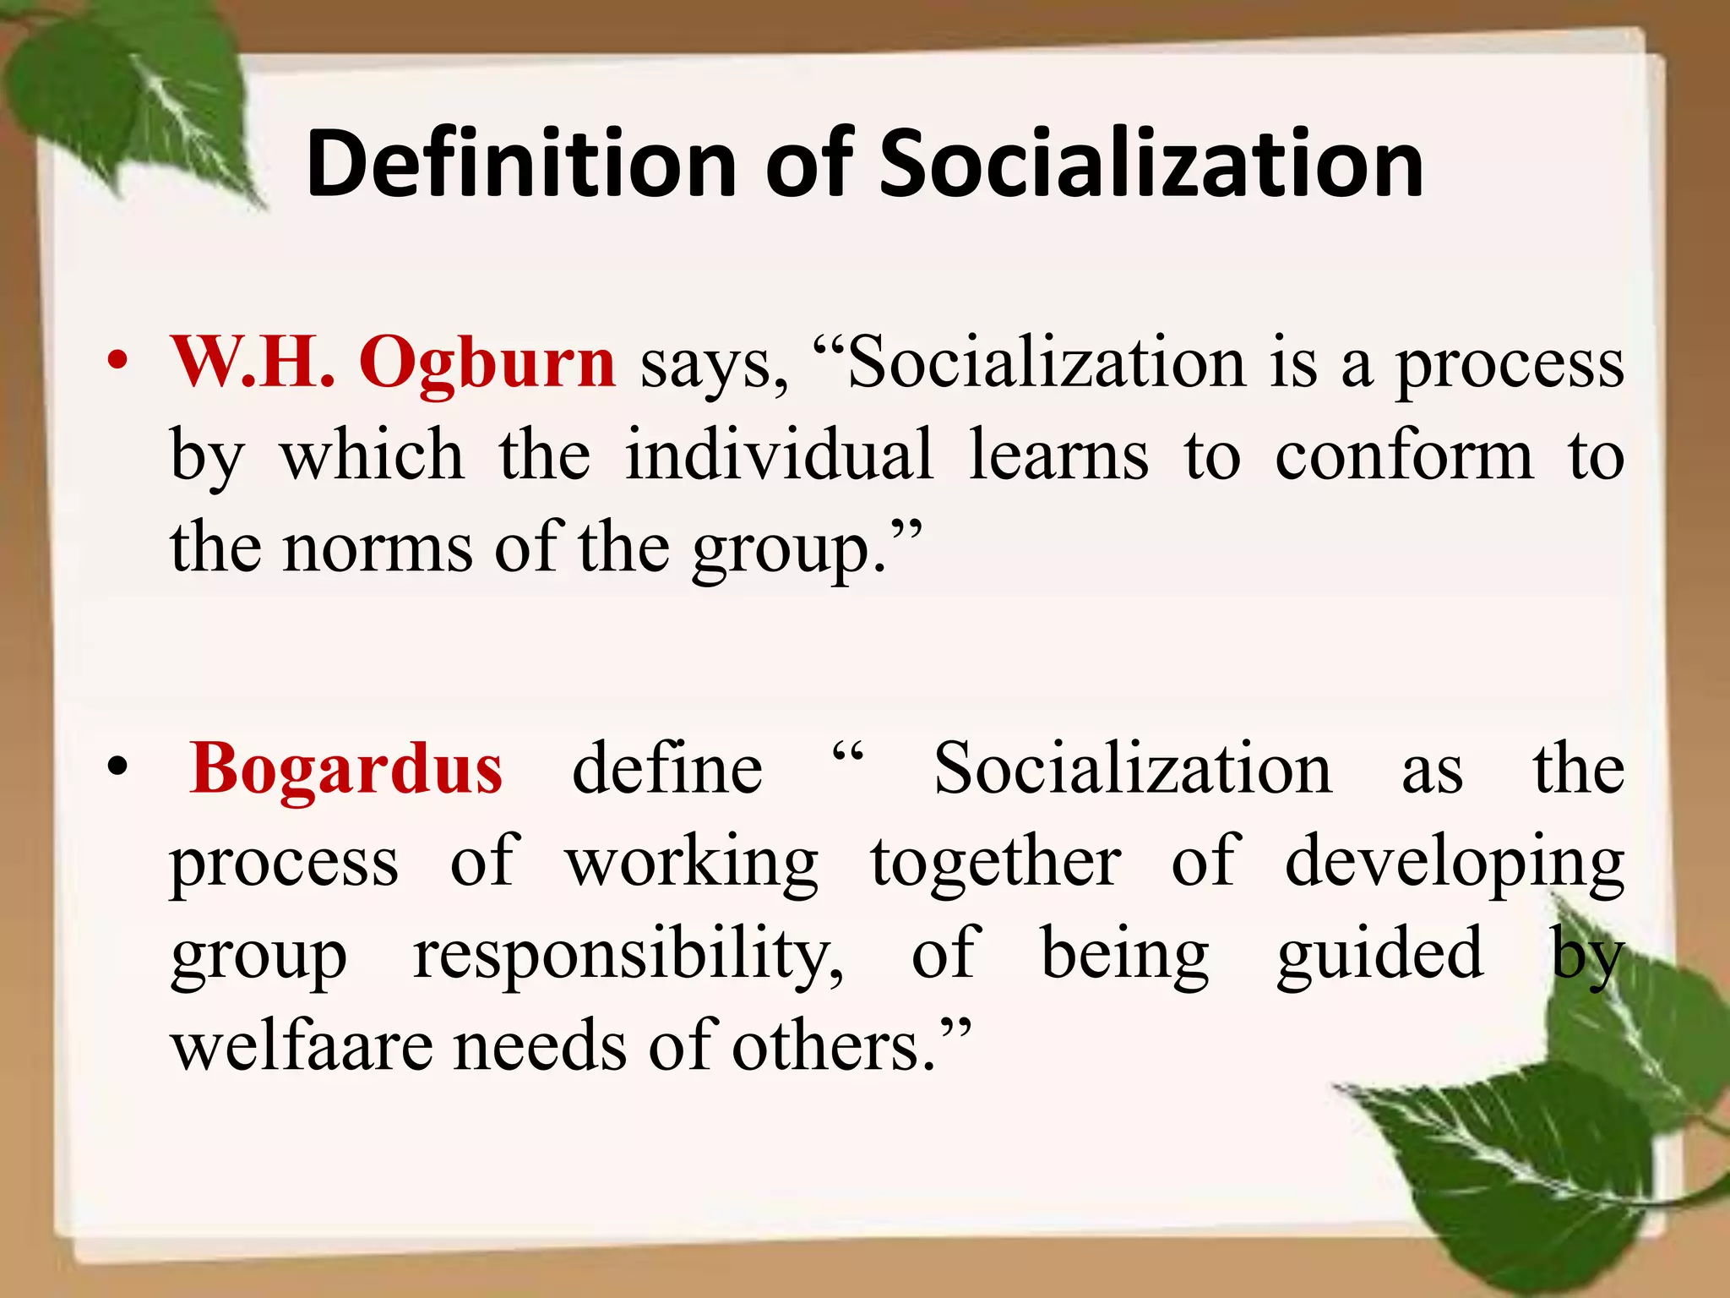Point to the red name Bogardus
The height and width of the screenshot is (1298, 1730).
(346, 769)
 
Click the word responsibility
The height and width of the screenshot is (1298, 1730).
(628, 955)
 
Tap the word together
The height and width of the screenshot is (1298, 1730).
(996, 862)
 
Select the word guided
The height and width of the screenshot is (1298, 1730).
(1379, 955)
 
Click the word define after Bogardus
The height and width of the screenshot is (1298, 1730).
(667, 769)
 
